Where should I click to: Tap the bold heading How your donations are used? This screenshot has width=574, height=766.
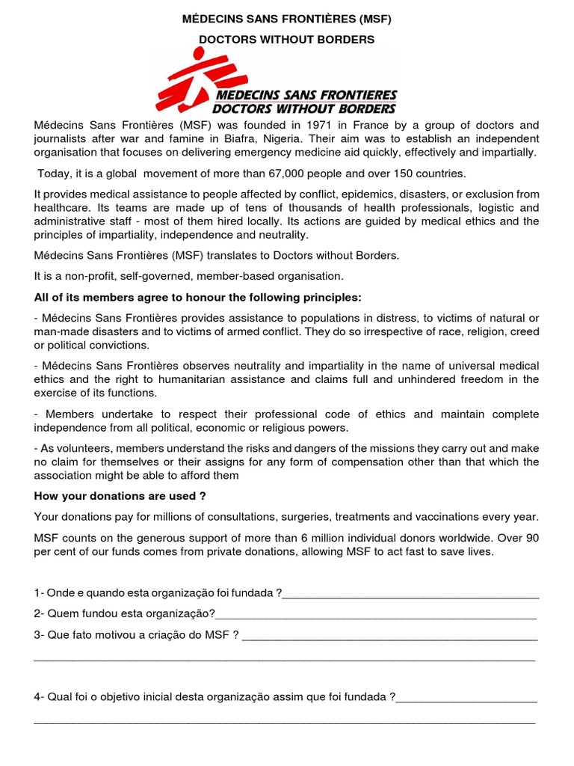tap(120, 496)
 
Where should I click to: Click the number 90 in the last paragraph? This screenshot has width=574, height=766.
tap(532, 538)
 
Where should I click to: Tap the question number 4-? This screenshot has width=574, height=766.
tap(39, 697)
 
